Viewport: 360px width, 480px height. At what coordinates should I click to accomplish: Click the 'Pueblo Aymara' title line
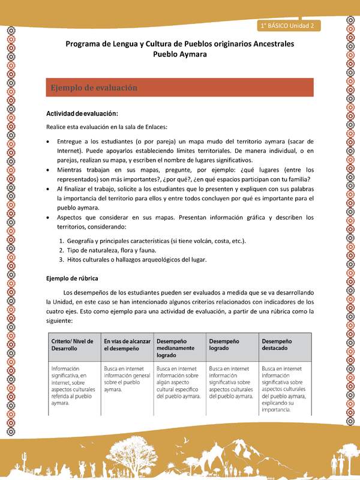(x=179, y=54)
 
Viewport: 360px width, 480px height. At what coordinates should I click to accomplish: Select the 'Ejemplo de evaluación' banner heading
(x=94, y=88)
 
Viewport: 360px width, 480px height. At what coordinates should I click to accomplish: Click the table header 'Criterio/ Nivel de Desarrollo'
(x=73, y=344)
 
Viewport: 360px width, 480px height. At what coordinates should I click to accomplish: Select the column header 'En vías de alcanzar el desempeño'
(x=127, y=344)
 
